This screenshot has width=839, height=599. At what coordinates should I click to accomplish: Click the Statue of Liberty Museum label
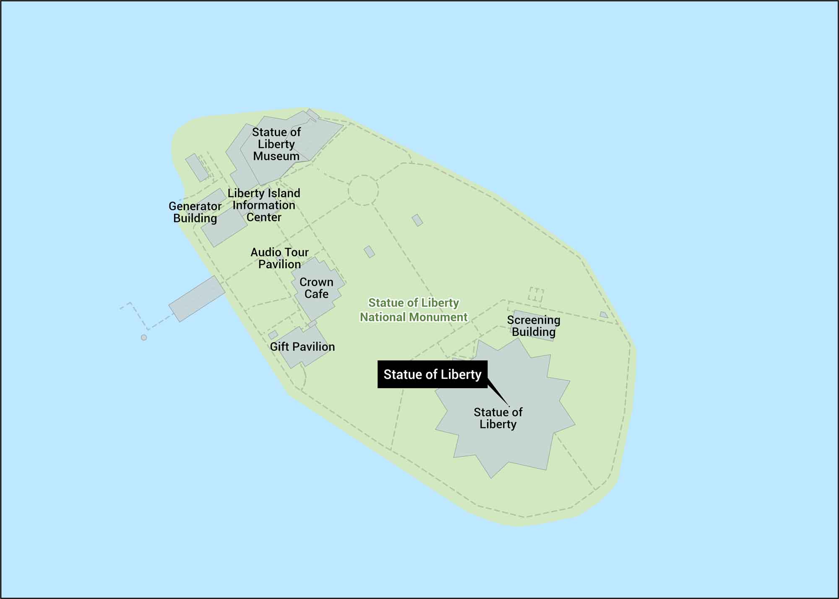click(276, 144)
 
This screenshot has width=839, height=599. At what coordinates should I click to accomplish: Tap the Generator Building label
click(195, 212)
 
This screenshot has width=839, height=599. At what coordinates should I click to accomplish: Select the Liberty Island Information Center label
click(264, 205)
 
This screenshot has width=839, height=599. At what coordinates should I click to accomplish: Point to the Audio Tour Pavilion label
click(279, 258)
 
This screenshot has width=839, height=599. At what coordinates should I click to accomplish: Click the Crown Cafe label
click(316, 288)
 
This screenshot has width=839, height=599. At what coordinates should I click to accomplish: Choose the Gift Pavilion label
click(302, 347)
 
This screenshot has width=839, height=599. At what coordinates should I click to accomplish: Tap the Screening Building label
click(534, 326)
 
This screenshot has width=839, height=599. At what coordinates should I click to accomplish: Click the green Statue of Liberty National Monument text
click(414, 310)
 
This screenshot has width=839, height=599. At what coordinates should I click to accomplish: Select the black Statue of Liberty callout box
click(432, 374)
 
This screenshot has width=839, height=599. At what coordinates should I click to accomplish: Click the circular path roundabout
click(363, 190)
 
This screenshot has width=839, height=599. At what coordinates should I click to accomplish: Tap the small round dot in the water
click(144, 337)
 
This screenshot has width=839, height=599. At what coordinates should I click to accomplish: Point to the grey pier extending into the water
click(197, 299)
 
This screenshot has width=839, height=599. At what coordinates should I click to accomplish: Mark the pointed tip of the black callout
click(509, 406)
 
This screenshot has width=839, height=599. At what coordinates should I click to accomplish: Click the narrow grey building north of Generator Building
click(197, 167)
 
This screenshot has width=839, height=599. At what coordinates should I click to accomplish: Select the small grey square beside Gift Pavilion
click(273, 335)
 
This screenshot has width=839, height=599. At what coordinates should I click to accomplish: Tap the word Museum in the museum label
click(276, 156)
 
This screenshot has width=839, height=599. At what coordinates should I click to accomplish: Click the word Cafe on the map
click(316, 294)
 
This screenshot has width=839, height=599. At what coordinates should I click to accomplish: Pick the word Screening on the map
click(534, 320)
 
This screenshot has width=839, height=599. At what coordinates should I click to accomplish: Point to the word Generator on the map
click(195, 206)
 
